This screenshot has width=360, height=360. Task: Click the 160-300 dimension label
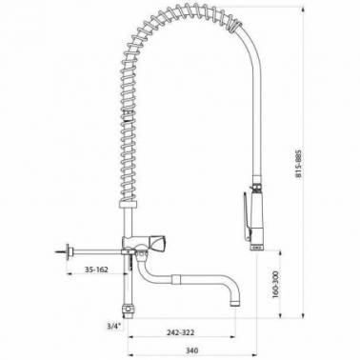[275, 284]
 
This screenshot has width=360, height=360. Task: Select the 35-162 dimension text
[96, 270]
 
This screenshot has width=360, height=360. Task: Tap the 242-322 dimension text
[181, 332]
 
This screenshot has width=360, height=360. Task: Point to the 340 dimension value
[191, 350]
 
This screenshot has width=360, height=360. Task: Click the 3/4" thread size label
[114, 326]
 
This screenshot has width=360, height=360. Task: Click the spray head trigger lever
[247, 215]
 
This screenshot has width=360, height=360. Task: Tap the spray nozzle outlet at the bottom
[257, 248]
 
